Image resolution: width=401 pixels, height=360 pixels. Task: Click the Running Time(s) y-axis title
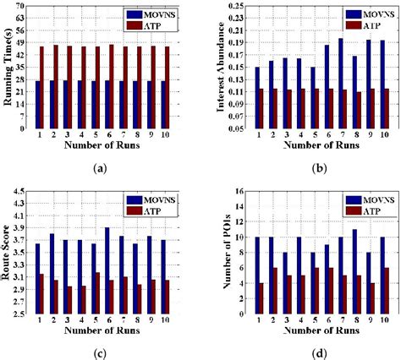tap(9, 68)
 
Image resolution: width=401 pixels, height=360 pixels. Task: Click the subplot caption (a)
tap(101, 169)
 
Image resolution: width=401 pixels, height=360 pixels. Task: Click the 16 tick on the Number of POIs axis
tap(231, 191)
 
